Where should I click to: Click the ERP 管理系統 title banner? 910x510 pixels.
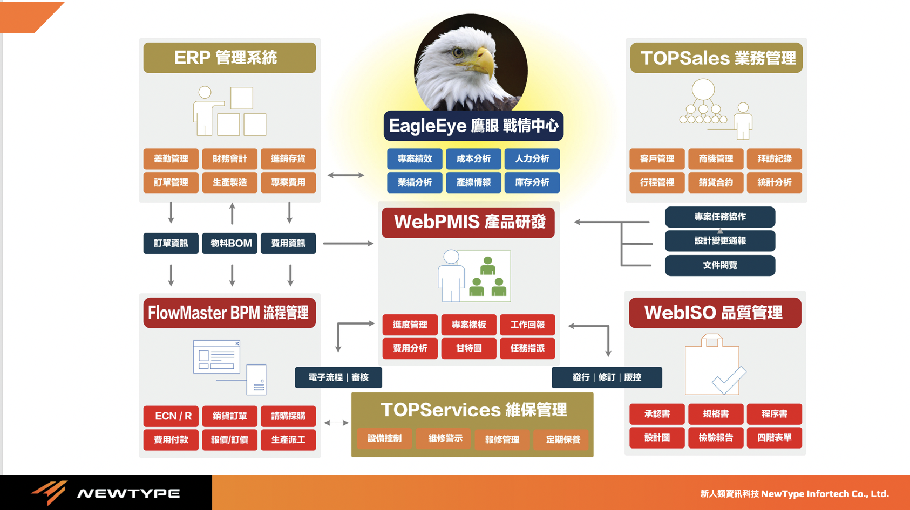pos(229,58)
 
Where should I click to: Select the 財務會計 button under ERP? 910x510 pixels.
pos(229,159)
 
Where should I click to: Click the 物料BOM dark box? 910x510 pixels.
pos(230,243)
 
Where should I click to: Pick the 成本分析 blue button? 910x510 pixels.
pos(473,159)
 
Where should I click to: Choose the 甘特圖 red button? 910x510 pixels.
pos(468,348)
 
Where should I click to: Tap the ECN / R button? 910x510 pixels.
pos(171,416)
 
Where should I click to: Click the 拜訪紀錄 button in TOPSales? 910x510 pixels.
pos(774,159)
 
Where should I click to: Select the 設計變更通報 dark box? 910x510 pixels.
pos(719,241)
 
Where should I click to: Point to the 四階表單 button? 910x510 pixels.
pos(774,438)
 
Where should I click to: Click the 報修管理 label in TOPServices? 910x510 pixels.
pos(502,439)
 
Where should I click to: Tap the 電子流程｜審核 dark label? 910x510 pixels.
pos(338,377)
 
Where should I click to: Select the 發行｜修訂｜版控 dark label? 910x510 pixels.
pos(607,377)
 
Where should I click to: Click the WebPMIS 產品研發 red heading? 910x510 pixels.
pos(468,222)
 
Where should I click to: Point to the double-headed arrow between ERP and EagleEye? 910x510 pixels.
pos(346,175)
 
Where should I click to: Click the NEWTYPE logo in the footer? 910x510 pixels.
pos(105,493)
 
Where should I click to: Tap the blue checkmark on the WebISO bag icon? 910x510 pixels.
pos(729,380)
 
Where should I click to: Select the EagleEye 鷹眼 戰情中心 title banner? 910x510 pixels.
pos(473,126)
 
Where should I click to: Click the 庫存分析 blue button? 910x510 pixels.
pos(532,183)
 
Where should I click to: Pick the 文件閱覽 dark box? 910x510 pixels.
pos(719,265)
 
